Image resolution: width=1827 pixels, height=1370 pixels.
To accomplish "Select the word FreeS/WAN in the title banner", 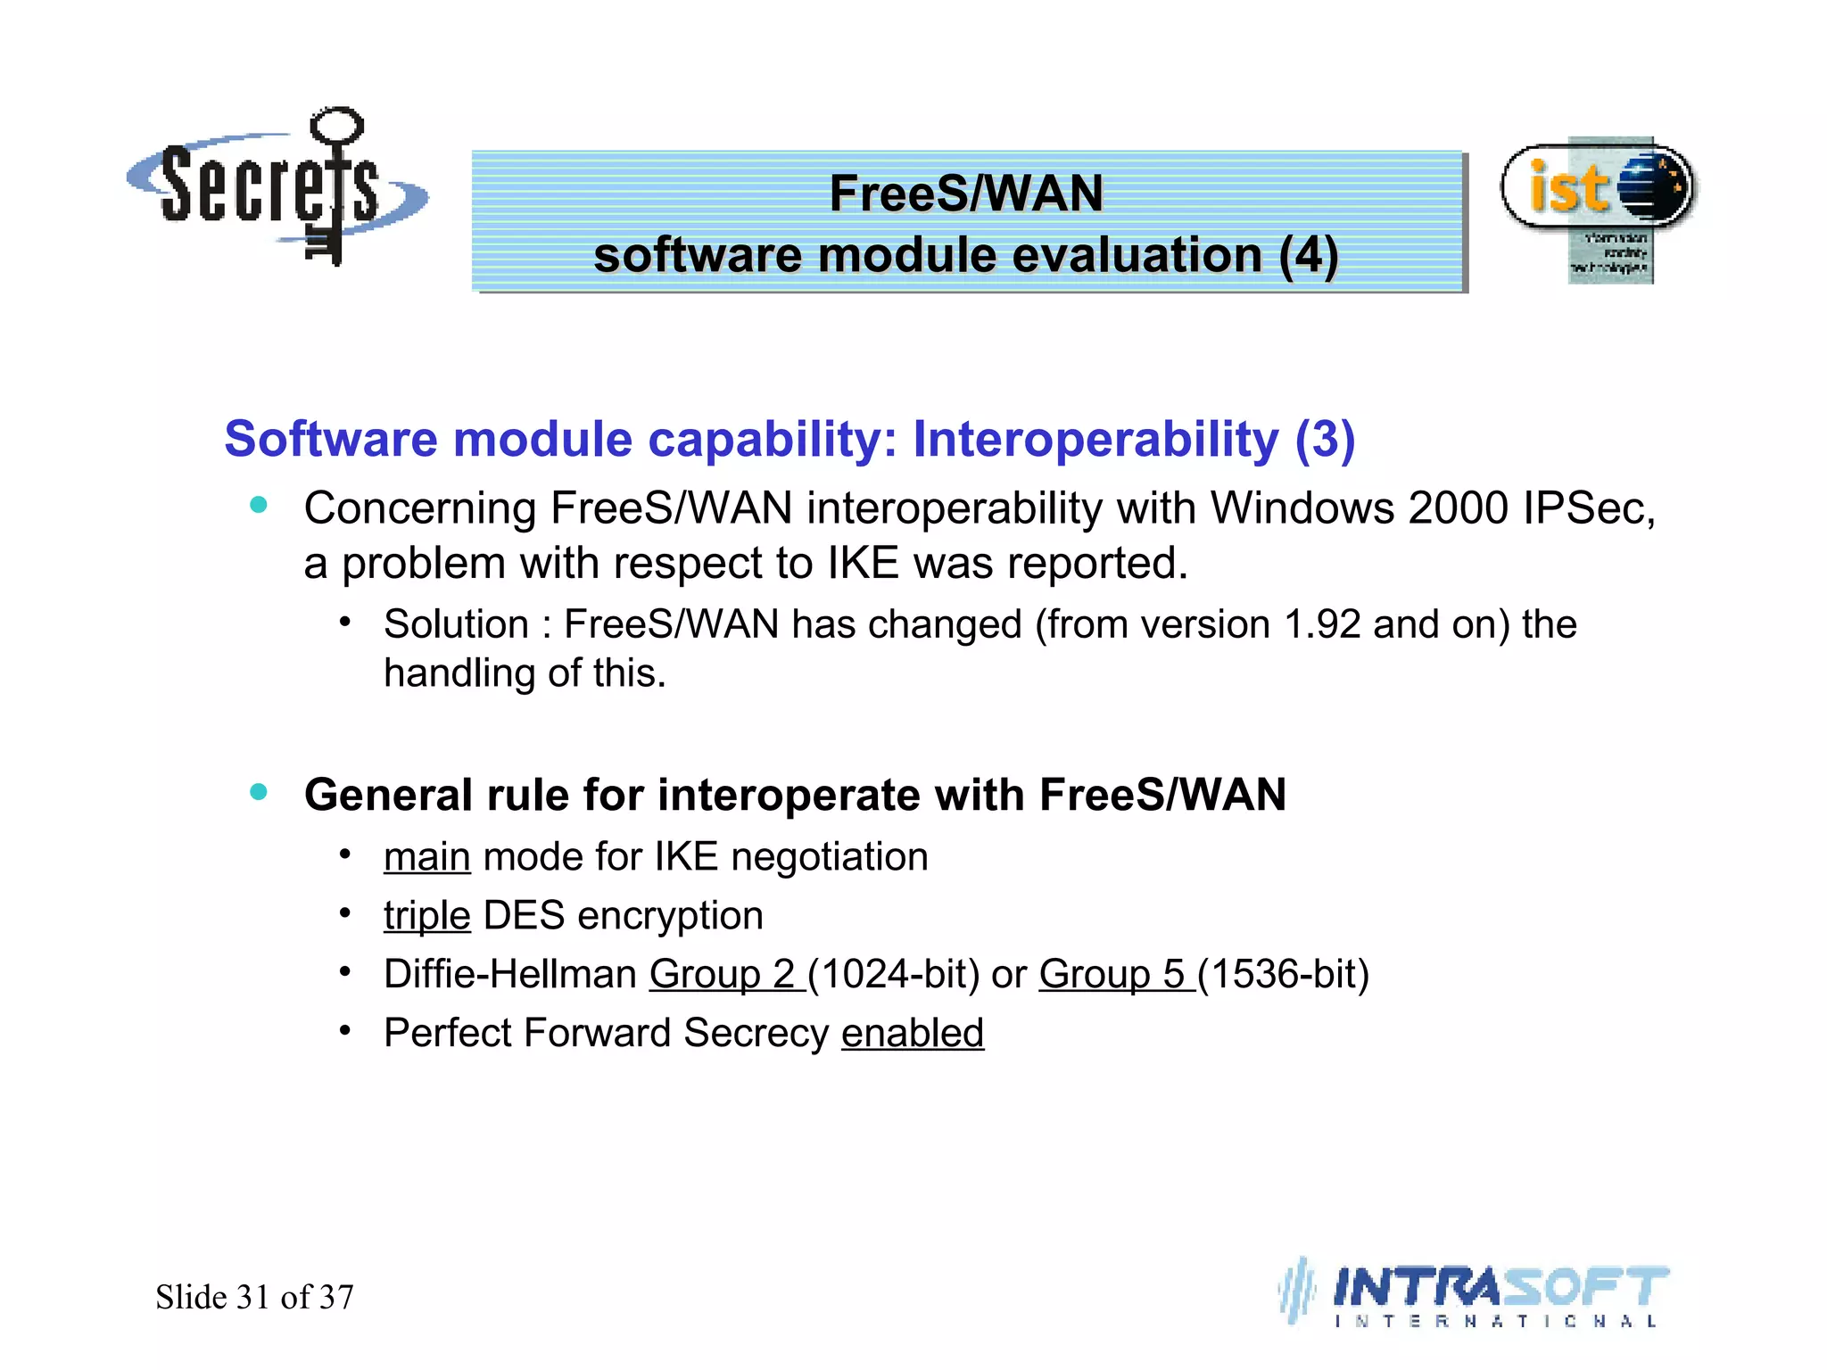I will pos(966,194).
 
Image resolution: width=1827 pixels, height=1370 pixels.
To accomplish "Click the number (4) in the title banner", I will pos(1308,256).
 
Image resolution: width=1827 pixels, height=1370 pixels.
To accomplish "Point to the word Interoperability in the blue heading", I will pos(1095,440).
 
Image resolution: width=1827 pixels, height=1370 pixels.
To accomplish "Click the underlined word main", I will pos(426,857).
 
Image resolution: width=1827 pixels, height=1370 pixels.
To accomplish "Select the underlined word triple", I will pos(426,916).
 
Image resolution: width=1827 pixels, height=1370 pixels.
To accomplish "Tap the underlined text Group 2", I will pos(723,974).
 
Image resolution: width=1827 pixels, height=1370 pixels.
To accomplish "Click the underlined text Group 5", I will pos(1112,974).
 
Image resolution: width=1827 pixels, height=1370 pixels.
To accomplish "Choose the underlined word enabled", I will pos(912,1033).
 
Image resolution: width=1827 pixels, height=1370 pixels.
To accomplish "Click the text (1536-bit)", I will pos(1283,974).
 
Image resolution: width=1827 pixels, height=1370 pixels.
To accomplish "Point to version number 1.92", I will pos(1321,624).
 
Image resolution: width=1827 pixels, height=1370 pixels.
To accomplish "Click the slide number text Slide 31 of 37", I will pos(254,1297).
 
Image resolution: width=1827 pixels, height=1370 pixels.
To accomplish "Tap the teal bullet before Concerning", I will pos(259,506).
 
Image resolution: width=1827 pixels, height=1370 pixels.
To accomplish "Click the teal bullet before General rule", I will pos(259,792).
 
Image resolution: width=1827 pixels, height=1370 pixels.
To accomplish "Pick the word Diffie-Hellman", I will pos(509,974).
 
